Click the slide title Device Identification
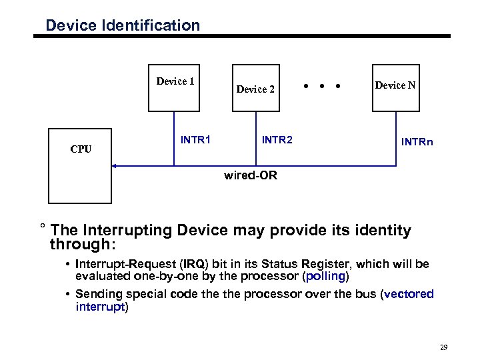pos(122,26)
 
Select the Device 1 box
pos(175,87)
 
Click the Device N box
pos(395,87)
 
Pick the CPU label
pos(81,149)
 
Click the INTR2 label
pos(277,140)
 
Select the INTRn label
pos(417,142)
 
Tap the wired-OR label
pos(251,177)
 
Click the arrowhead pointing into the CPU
pos(114,165)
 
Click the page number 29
pos(444,347)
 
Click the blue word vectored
pos(409,294)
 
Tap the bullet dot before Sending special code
pos(69,294)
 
